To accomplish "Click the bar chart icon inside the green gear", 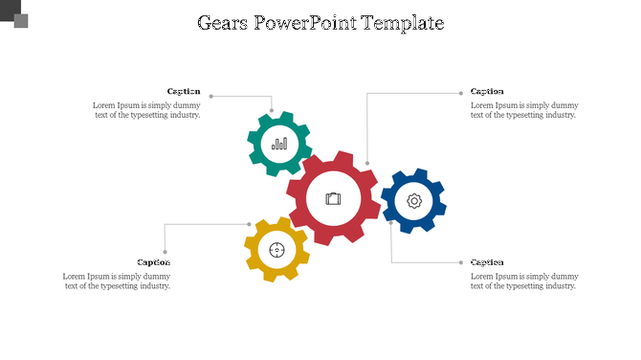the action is (x=279, y=144).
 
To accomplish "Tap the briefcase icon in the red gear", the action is (x=333, y=198).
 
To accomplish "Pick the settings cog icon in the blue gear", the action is (x=414, y=201).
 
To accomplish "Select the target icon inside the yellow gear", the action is (x=277, y=251).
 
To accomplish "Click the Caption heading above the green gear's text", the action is (x=184, y=92).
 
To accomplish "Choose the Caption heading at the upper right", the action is (x=487, y=92).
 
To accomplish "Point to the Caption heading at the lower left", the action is (x=153, y=261).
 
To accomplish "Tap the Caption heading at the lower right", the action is (x=487, y=261).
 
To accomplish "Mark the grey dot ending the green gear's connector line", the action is (x=211, y=96).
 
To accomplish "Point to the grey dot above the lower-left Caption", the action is (x=165, y=254).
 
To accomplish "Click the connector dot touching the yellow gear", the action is (x=251, y=224).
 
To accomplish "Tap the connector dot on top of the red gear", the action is (x=367, y=164).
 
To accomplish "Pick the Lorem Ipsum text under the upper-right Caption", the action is (x=524, y=110).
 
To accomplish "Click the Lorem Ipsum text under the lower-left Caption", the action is (x=117, y=281).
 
